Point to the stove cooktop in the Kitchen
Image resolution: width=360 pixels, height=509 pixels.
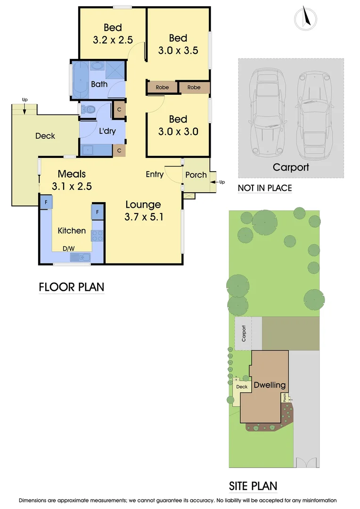coord(98,235)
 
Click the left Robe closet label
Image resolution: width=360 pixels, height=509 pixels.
coord(162,88)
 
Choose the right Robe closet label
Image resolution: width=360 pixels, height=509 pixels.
coord(194,88)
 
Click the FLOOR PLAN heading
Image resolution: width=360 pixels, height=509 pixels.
coord(71,287)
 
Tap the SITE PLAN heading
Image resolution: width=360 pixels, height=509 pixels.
coord(253,486)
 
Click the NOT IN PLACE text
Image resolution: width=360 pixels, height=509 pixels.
coord(264,188)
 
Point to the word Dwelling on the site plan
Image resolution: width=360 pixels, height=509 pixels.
coord(270,385)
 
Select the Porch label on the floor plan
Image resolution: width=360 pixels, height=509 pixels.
coord(196,175)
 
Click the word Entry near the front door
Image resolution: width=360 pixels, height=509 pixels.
coord(155,174)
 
